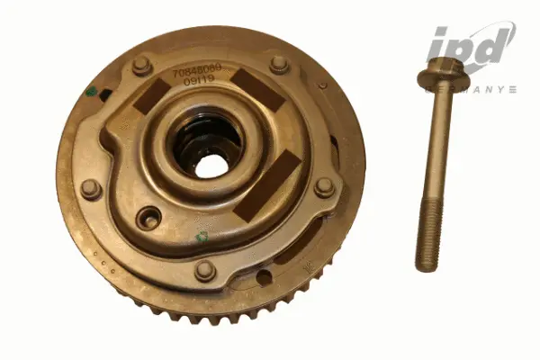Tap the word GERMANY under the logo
(472, 90)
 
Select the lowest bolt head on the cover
(205, 269)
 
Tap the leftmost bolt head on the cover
(90, 188)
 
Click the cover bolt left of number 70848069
(141, 65)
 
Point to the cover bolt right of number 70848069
(280, 64)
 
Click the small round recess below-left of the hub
(150, 219)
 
